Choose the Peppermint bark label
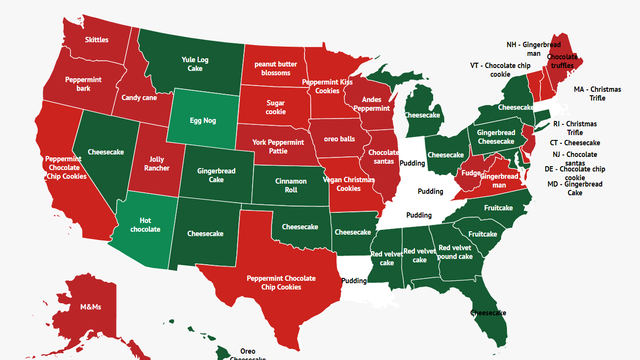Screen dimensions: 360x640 [x=82, y=83]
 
